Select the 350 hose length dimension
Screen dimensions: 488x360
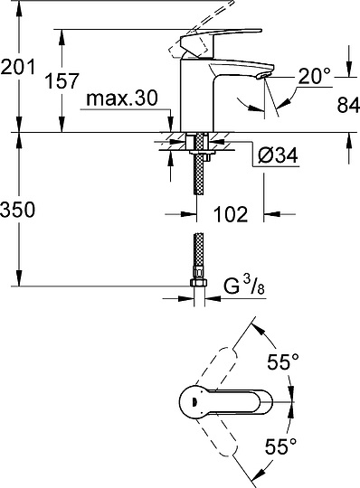coord(20,211)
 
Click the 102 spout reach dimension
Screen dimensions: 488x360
coord(230,216)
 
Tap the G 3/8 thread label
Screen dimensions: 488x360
coord(241,287)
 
